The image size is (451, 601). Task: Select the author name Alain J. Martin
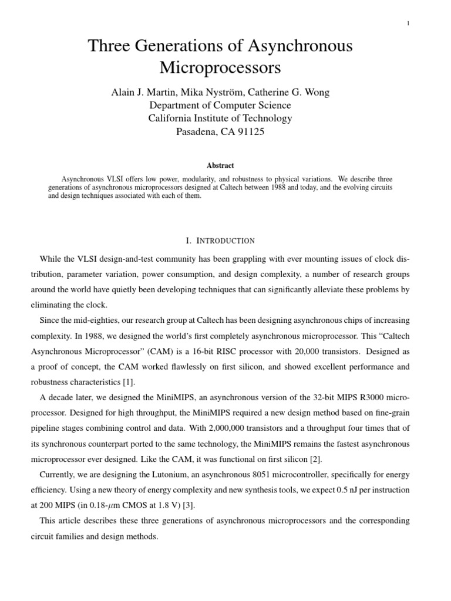point(141,92)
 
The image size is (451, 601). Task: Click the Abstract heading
point(220,166)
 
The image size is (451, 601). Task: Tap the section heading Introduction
point(225,241)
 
